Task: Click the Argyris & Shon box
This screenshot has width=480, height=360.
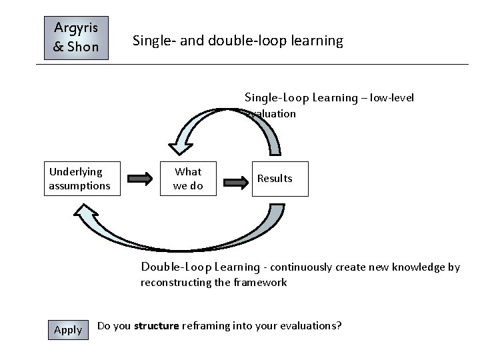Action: tap(76, 38)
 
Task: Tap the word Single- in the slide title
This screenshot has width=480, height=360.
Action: tap(153, 41)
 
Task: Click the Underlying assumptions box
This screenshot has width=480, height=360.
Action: tap(80, 179)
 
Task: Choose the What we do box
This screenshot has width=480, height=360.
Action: tap(188, 179)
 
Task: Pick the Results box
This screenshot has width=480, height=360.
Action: tap(275, 179)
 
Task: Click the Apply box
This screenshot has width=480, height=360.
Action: tap(67, 329)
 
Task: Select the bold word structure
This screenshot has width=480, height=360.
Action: tap(157, 326)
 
